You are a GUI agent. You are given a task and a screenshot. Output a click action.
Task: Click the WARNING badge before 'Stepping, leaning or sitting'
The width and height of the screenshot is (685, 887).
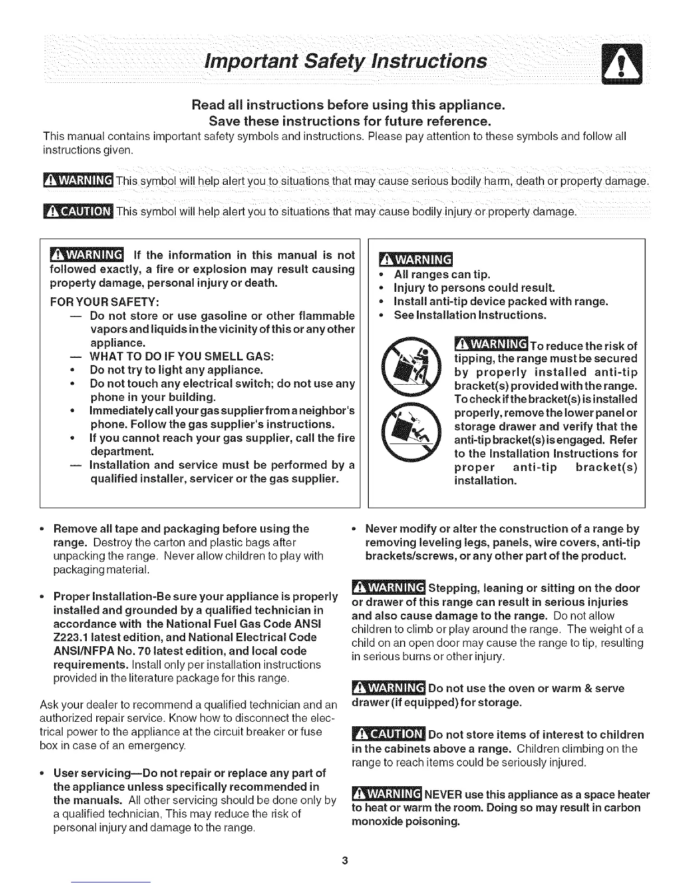click(x=388, y=588)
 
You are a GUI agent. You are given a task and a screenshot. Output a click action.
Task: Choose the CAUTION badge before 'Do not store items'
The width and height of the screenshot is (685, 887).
click(x=388, y=734)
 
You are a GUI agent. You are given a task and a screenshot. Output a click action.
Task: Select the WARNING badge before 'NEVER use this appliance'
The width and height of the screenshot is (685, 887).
click(x=387, y=794)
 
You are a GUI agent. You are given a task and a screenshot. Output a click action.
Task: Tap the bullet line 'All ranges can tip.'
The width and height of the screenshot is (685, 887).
click(x=442, y=274)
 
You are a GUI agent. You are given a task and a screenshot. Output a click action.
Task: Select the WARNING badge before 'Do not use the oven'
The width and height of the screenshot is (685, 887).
click(x=388, y=688)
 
